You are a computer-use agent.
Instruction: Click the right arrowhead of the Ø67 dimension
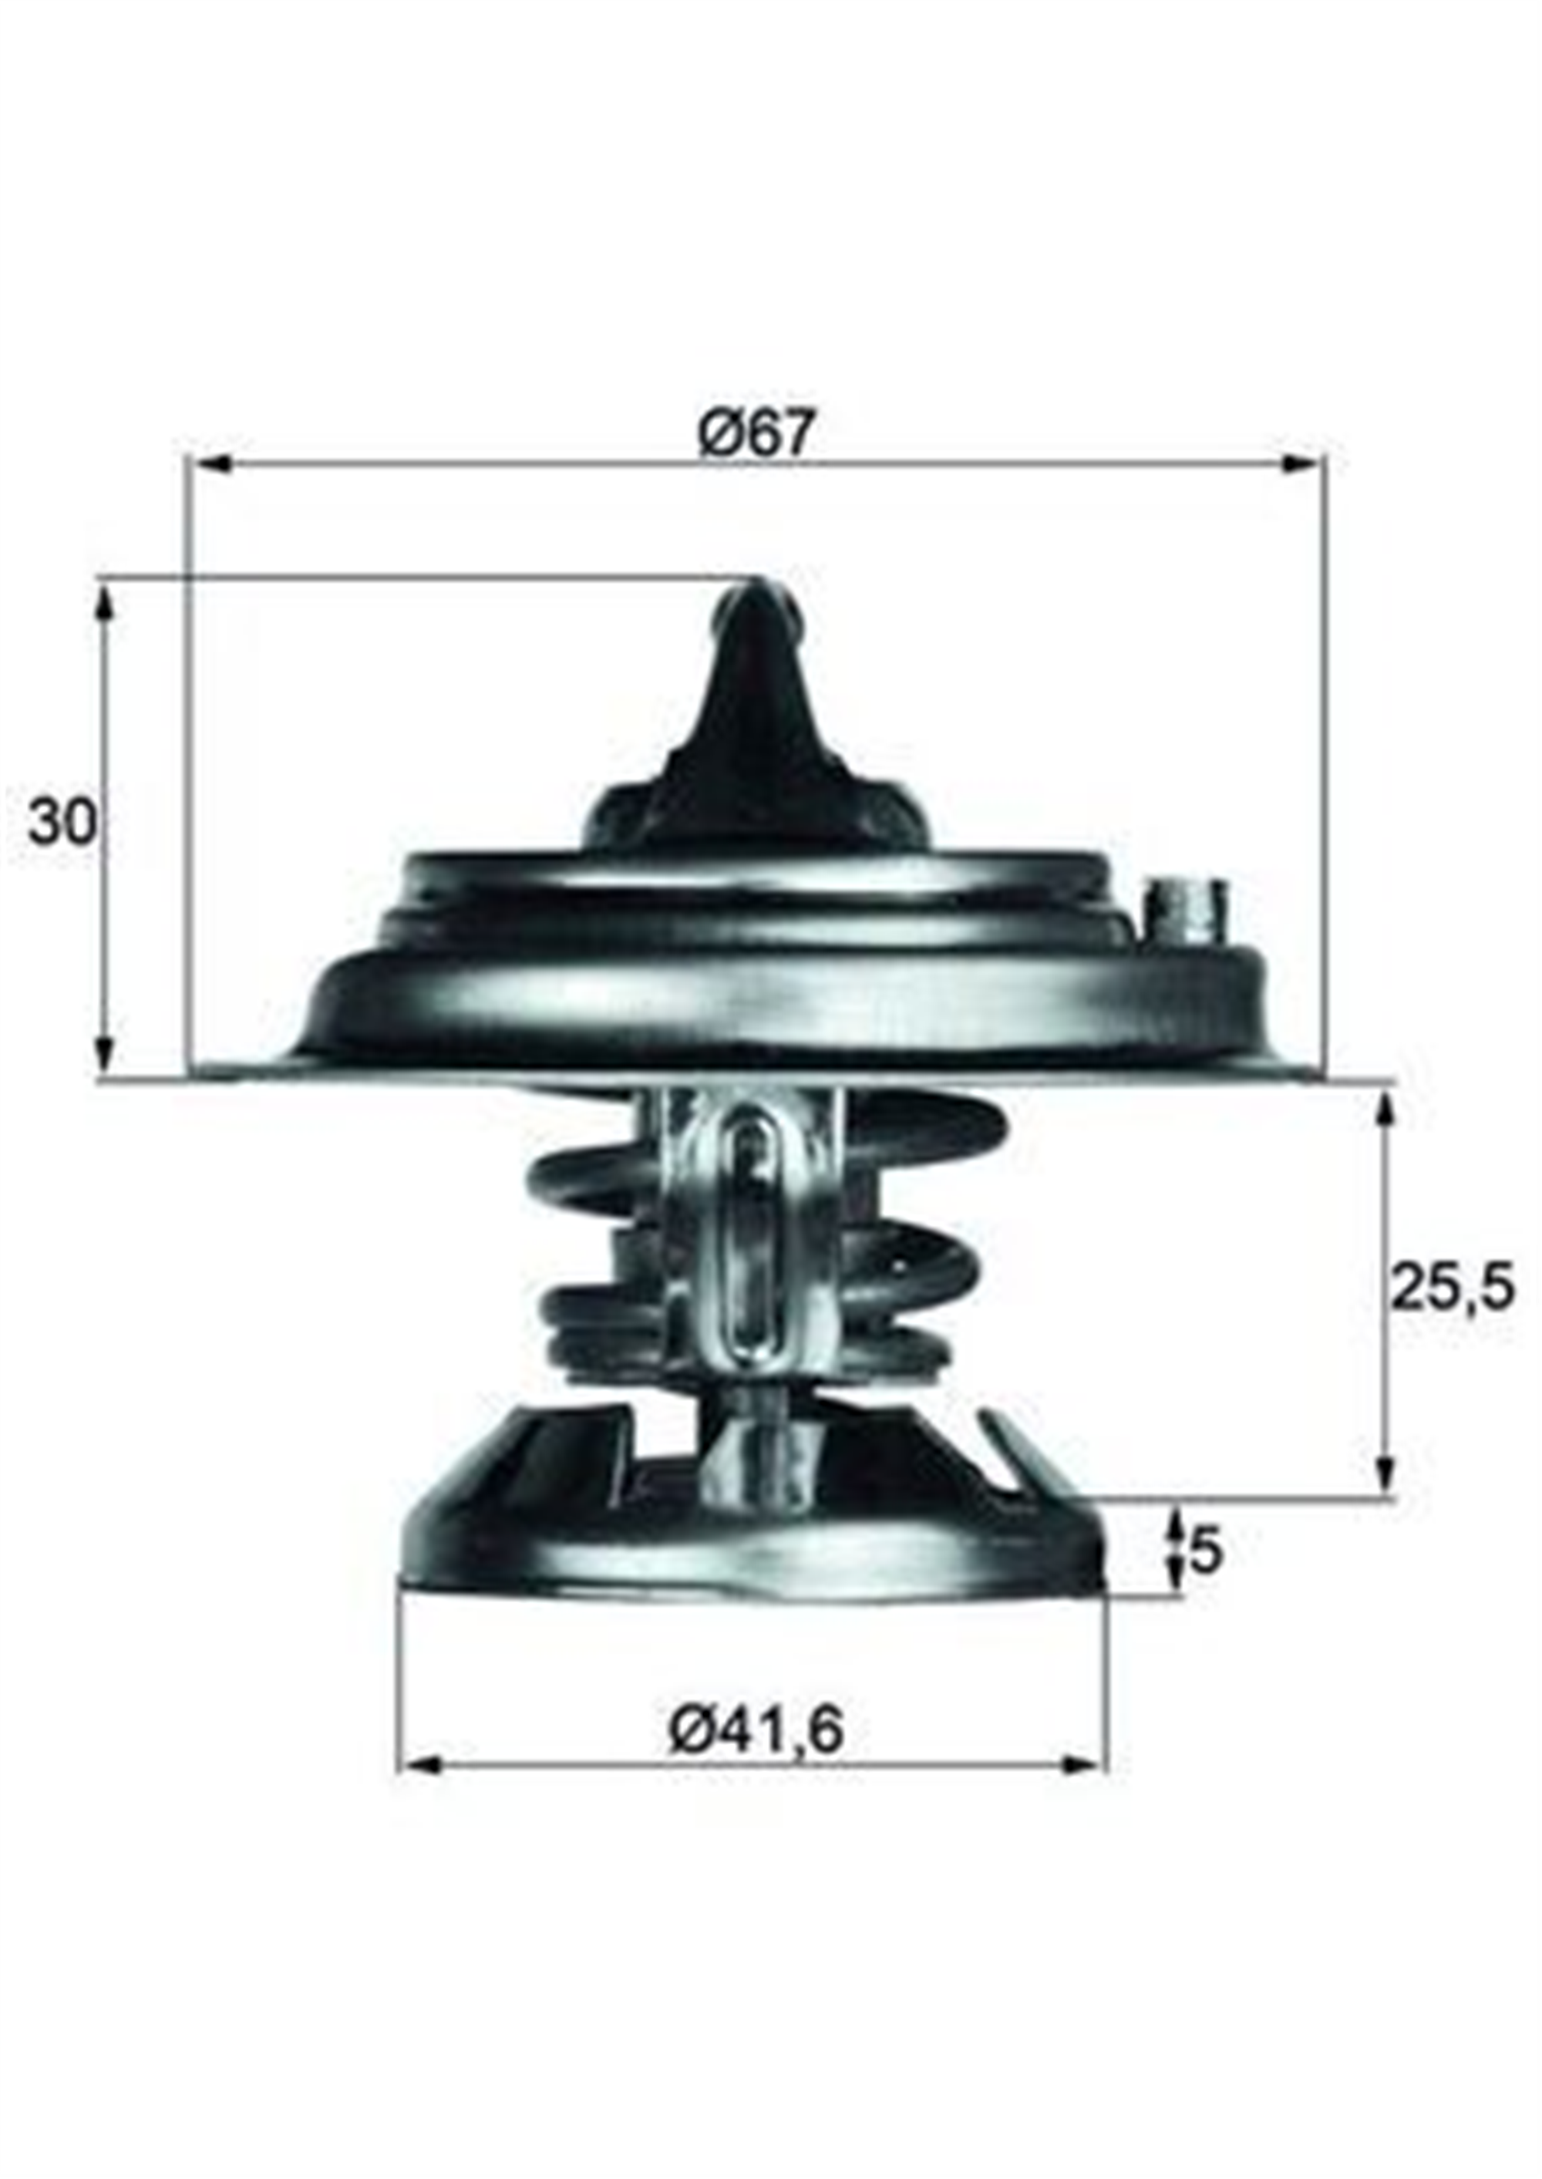tap(1301, 464)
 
